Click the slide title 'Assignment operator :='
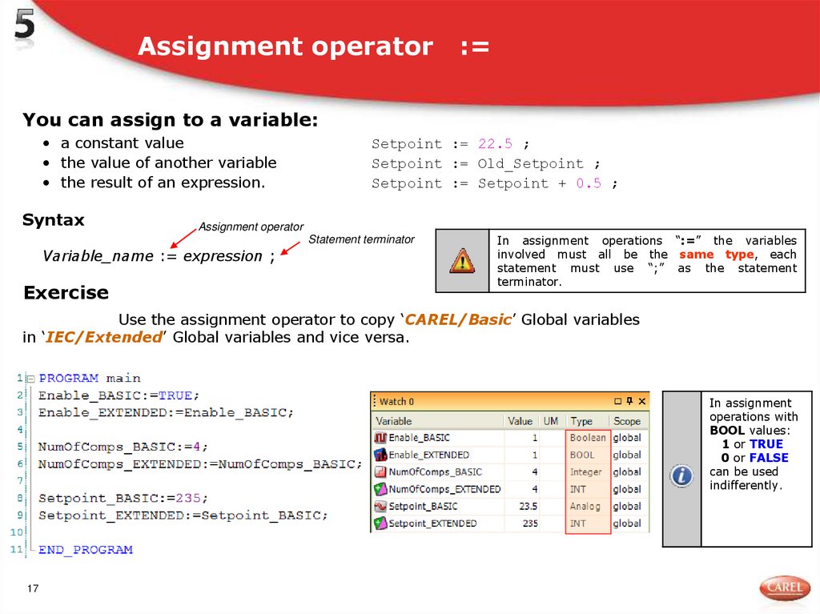point(313,46)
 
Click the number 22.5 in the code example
point(495,144)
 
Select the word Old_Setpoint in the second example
point(530,164)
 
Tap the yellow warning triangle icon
point(462,260)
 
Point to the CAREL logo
point(784,588)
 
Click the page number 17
point(33,589)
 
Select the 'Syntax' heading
point(53,220)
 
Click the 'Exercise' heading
point(66,293)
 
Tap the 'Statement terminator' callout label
point(361,239)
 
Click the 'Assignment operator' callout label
point(251,227)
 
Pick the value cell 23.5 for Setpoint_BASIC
point(528,507)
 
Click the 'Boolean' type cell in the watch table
point(588,438)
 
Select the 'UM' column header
point(551,421)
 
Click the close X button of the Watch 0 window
point(642,401)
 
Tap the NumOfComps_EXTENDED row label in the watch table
point(444,489)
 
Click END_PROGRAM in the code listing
point(86,550)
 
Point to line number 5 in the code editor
point(18,447)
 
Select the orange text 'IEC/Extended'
point(104,338)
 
